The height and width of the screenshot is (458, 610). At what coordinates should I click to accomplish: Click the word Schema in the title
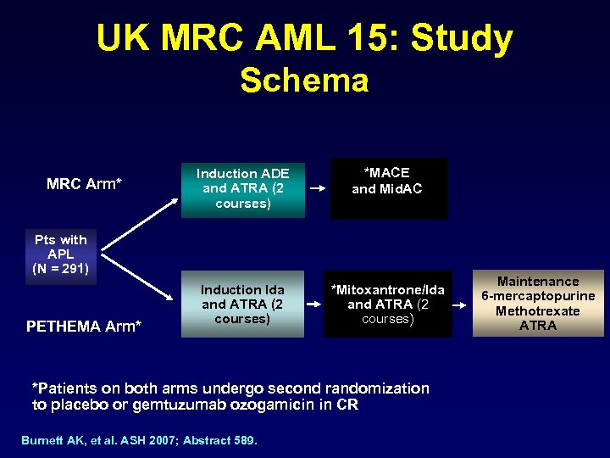pos(304,81)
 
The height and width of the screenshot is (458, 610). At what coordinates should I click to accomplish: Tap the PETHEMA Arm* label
pos(84,326)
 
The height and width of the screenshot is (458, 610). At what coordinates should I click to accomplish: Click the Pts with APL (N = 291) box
pos(61,254)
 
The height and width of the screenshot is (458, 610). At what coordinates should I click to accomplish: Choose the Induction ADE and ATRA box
pos(242,188)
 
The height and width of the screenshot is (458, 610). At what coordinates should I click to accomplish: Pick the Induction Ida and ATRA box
pos(242,304)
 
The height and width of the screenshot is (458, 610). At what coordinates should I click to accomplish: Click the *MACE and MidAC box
pos(387,182)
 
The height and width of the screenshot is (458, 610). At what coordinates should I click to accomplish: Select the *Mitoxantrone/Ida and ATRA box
pos(387,304)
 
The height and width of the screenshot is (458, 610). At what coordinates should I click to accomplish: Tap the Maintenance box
pos(538,304)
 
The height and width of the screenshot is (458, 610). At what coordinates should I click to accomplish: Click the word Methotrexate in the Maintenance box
pos(538,311)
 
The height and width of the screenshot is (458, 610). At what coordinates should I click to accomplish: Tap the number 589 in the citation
pos(245,439)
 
